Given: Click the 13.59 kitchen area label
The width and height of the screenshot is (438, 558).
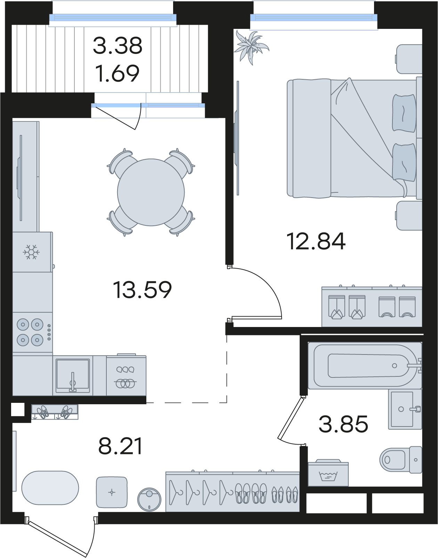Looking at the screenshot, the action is tap(142, 289).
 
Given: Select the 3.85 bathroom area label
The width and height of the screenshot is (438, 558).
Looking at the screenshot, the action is tap(343, 424).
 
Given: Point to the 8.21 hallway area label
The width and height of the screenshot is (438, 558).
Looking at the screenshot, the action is tap(120, 446).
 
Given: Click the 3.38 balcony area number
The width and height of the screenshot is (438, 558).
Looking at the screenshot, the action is tap(117, 46).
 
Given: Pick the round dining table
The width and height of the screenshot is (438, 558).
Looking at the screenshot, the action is tap(151, 192).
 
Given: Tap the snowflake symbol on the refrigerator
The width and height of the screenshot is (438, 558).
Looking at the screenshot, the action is tap(31, 252).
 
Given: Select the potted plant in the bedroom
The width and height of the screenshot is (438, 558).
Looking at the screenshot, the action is tap(251, 47).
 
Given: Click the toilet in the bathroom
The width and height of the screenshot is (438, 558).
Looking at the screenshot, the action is tap(401, 460).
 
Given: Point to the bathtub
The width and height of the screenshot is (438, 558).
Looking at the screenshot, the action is tap(365, 366).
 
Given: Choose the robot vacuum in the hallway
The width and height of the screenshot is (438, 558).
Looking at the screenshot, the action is tap(149, 500).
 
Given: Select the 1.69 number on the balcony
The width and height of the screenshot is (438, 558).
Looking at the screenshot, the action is tap(117, 73).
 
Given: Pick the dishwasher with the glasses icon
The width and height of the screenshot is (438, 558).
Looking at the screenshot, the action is tap(126, 375).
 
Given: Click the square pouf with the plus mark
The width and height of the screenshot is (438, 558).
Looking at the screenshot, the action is tap(112, 492).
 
